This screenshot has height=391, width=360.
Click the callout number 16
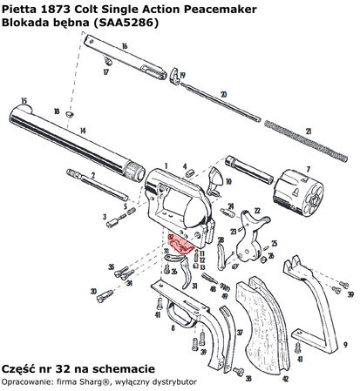(126, 45)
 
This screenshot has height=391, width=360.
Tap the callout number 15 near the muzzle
(24, 100)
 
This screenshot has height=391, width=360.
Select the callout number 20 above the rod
(223, 93)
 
